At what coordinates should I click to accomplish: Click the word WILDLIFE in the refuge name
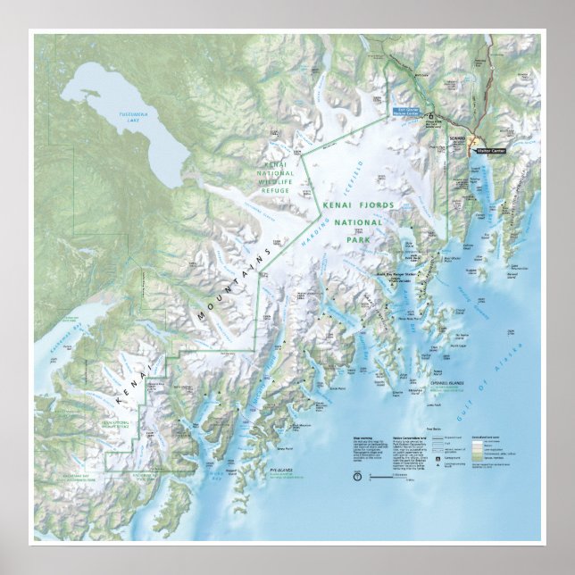276,179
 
